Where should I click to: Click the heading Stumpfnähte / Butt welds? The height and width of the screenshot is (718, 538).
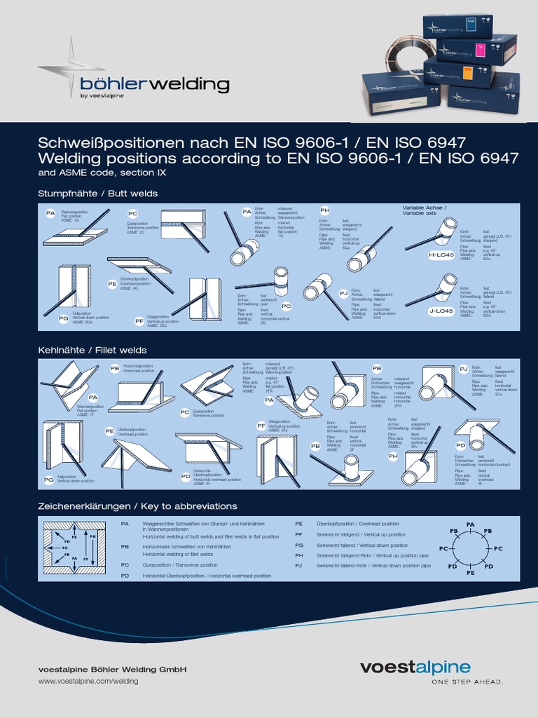click(x=97, y=193)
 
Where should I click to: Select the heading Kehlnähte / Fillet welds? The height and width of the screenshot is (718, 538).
click(x=92, y=349)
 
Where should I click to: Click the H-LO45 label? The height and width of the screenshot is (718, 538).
click(x=441, y=256)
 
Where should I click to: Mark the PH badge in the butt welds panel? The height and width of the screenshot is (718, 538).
click(x=324, y=210)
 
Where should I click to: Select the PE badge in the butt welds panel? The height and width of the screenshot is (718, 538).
click(x=112, y=284)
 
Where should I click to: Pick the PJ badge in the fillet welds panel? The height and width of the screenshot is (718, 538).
click(x=463, y=368)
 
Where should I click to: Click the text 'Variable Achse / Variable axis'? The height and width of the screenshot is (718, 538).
click(x=425, y=210)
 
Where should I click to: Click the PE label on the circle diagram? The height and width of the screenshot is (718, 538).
click(x=471, y=572)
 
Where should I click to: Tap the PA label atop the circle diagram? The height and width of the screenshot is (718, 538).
click(x=470, y=524)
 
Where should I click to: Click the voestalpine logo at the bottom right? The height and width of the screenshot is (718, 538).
click(x=432, y=667)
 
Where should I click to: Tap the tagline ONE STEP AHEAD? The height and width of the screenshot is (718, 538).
click(x=467, y=682)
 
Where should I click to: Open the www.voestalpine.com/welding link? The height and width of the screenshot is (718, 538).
click(x=88, y=681)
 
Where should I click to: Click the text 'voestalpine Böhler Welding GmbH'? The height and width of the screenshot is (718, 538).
click(x=112, y=669)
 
